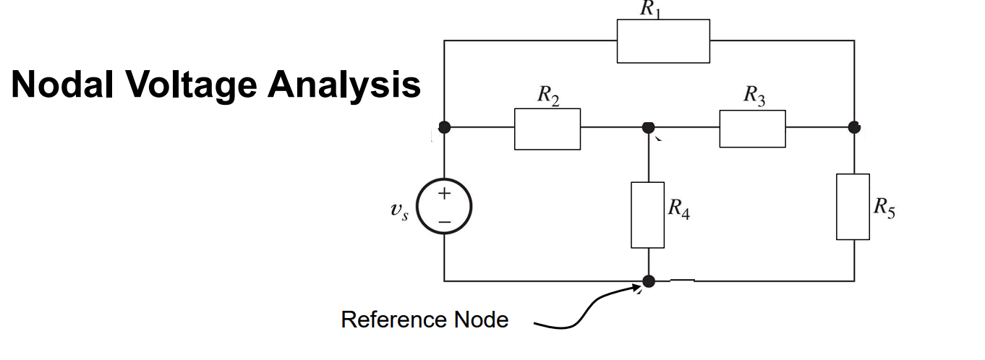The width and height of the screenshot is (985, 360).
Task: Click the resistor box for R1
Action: point(663,41)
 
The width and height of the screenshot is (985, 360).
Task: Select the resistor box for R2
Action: point(547,129)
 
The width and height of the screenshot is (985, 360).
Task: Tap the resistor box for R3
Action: point(752,129)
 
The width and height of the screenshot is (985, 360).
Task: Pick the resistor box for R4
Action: point(648,215)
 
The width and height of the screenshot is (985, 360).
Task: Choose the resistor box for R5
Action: point(853,207)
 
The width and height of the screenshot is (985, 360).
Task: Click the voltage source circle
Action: point(444,207)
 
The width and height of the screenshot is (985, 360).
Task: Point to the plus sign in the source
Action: point(444,194)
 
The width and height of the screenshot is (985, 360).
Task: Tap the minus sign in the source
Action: point(444,220)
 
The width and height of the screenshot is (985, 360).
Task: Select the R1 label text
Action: point(652,9)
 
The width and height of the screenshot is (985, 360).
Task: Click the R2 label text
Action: point(548,95)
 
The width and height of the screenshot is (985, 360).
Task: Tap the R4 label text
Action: point(678,209)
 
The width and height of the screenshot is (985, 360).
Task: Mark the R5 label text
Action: point(884,207)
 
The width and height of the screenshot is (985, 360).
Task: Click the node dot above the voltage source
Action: point(444,127)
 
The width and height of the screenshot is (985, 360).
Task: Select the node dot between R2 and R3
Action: point(649,127)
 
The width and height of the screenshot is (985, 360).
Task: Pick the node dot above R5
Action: point(854,127)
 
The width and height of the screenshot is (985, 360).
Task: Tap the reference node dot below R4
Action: point(649,280)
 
